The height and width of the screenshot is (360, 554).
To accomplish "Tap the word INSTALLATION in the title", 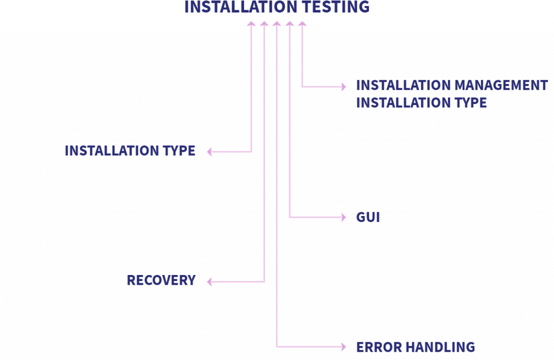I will (236, 8).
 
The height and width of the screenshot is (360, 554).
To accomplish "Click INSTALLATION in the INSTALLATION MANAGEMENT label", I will (403, 86).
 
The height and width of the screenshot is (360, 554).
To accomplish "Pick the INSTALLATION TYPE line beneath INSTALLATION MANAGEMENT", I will (421, 103).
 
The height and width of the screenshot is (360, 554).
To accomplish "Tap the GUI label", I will (368, 218).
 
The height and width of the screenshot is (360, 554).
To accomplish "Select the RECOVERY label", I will (161, 280).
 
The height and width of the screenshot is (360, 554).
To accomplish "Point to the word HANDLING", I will (440, 347).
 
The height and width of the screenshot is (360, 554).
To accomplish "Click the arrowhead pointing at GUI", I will (343, 217).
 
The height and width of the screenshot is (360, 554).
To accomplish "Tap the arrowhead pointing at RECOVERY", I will (210, 282).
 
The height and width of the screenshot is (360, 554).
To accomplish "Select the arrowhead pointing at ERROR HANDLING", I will (343, 346).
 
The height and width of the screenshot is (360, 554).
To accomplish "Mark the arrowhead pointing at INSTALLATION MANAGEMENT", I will (343, 86).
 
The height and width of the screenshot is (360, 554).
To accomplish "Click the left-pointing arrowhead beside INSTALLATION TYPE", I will (210, 152).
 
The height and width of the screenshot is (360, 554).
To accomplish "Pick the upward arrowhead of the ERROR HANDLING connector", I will (276, 24).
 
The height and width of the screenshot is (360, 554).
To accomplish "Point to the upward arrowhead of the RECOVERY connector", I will (264, 24).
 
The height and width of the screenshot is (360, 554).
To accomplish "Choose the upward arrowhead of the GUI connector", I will (289, 24).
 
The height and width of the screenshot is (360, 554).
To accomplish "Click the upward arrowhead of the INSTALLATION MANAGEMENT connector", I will (302, 24).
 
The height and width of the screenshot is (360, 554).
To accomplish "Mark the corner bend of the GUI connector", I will (289, 217).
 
